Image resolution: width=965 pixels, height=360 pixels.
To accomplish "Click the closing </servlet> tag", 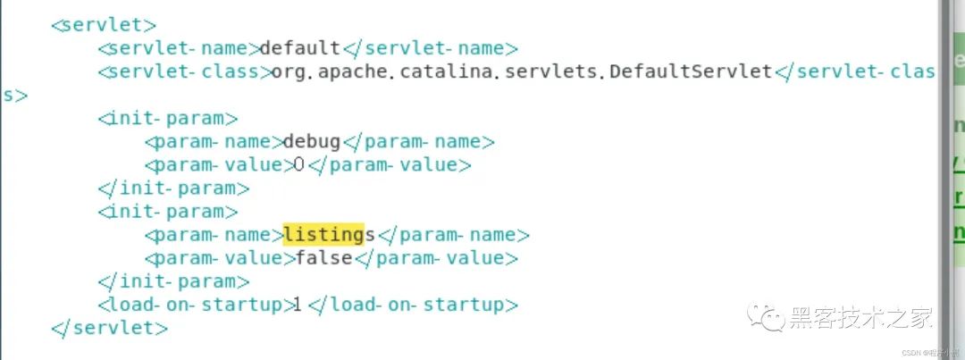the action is point(110,328).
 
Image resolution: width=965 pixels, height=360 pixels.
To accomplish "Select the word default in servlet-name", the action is point(299,47).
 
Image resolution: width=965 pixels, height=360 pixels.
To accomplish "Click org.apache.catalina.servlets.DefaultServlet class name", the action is point(522,71).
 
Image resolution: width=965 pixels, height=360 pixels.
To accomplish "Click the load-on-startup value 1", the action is point(295,305).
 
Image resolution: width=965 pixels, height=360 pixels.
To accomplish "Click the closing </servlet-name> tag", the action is point(430,47).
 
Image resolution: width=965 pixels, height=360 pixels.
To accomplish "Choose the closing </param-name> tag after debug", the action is point(419,141).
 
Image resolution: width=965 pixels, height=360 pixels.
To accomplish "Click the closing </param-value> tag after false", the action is point(437,258).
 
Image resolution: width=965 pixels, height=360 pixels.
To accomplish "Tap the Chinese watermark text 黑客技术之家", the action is point(861,317).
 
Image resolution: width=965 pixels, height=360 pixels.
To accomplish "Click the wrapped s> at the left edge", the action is point(14,95).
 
